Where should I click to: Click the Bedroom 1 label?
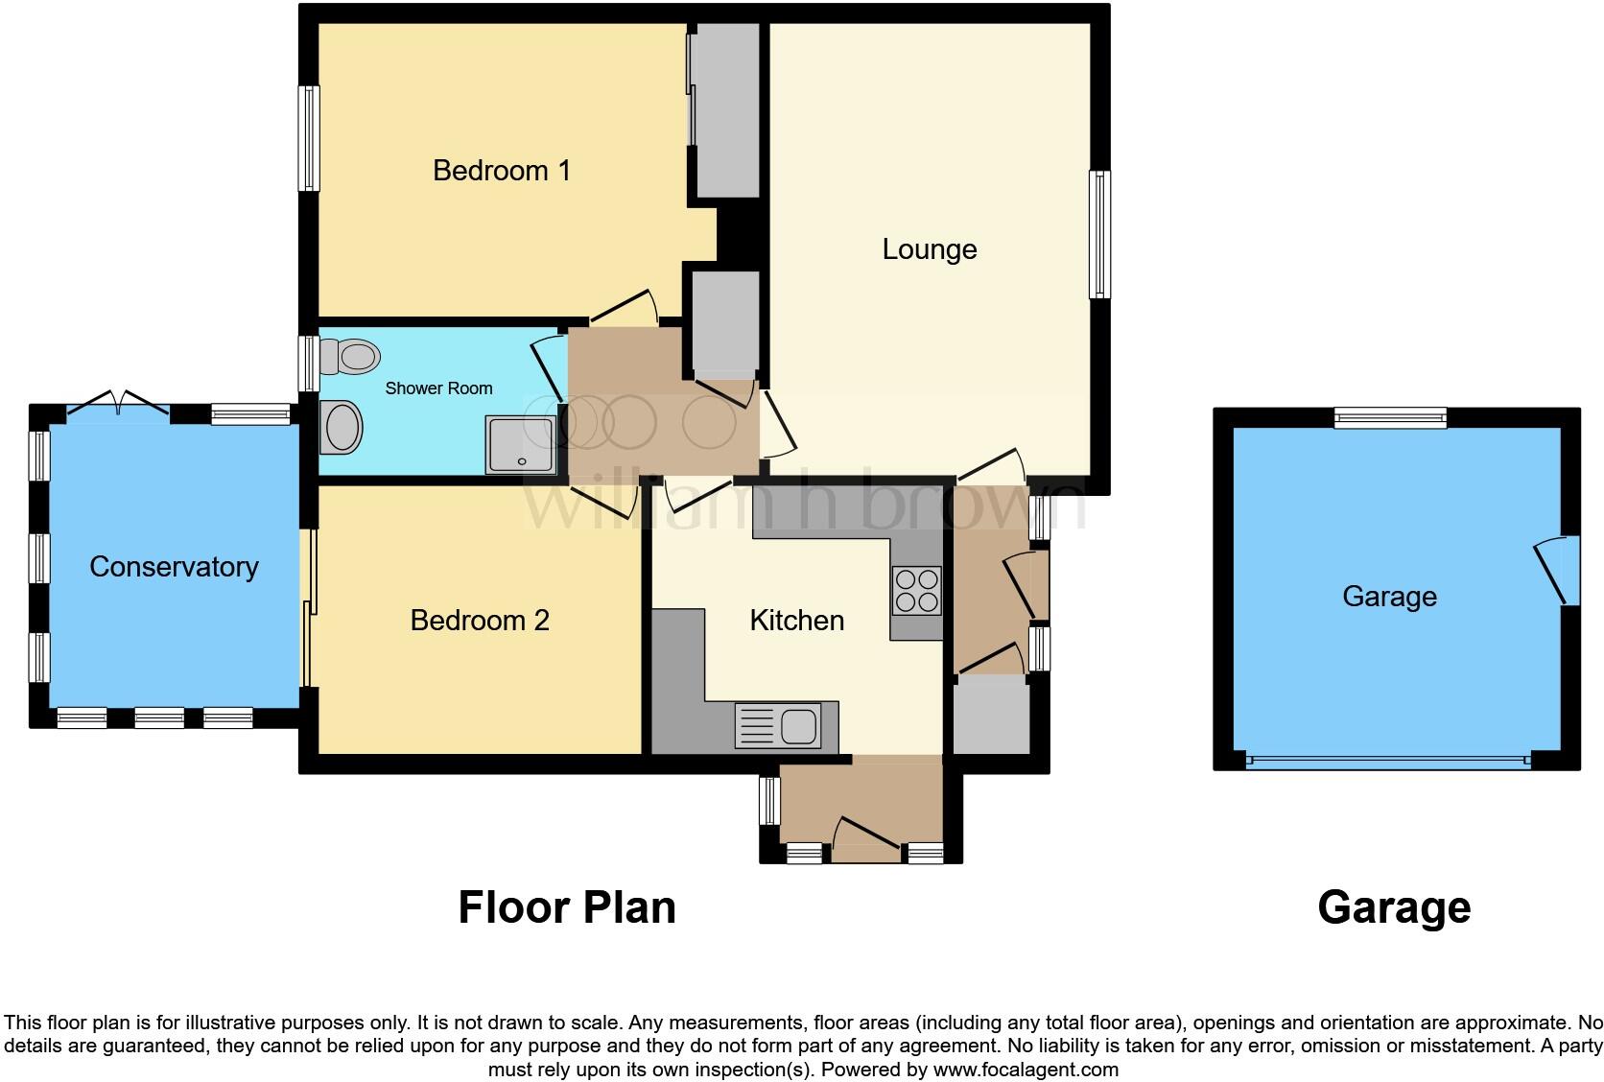pos(501,171)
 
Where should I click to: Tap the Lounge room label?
pos(929,249)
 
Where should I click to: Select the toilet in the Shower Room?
pos(351,357)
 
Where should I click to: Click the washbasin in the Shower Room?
pos(342,428)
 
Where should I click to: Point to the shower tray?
pos(521,444)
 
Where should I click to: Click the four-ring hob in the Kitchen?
pos(916,590)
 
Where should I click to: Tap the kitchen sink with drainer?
pos(778,726)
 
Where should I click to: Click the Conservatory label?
pos(174,567)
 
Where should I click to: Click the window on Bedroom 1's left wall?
pos(309,138)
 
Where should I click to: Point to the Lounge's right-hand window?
pos(1099,234)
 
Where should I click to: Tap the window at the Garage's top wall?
pos(1389,417)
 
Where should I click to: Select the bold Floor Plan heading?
pos(566,907)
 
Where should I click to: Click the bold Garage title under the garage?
pos(1393,907)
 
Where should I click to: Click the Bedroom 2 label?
pos(479,621)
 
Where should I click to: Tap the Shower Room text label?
pos(438,388)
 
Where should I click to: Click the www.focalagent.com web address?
pos(1025,1069)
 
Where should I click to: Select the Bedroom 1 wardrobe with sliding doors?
pos(726,110)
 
